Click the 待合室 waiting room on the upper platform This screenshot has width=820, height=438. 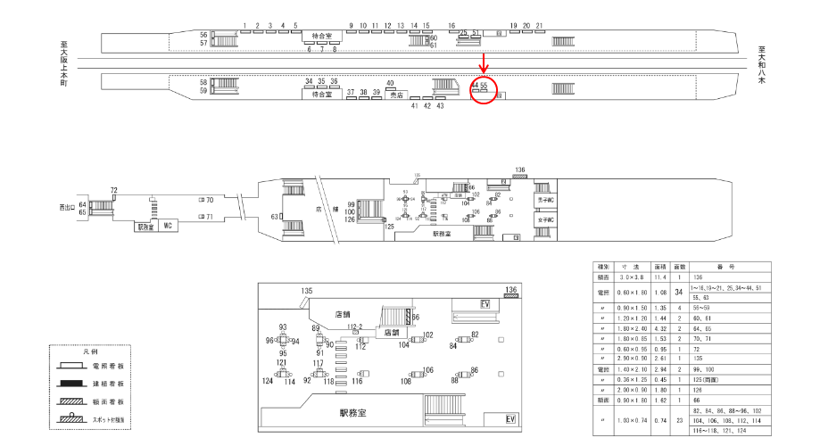pyautogui.click(x=321, y=37)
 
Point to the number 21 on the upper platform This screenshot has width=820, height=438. pyautogui.click(x=539, y=26)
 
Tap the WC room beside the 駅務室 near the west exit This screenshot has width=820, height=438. pyautogui.click(x=167, y=227)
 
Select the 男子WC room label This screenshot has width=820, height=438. pyautogui.click(x=547, y=201)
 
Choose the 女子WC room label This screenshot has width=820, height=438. pyautogui.click(x=547, y=219)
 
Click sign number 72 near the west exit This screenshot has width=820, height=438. pyautogui.click(x=113, y=190)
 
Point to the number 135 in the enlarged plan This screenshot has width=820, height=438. pyautogui.click(x=307, y=292)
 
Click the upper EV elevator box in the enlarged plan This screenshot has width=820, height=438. pyautogui.click(x=486, y=303)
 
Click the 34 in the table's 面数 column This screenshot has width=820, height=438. pyautogui.click(x=679, y=292)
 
